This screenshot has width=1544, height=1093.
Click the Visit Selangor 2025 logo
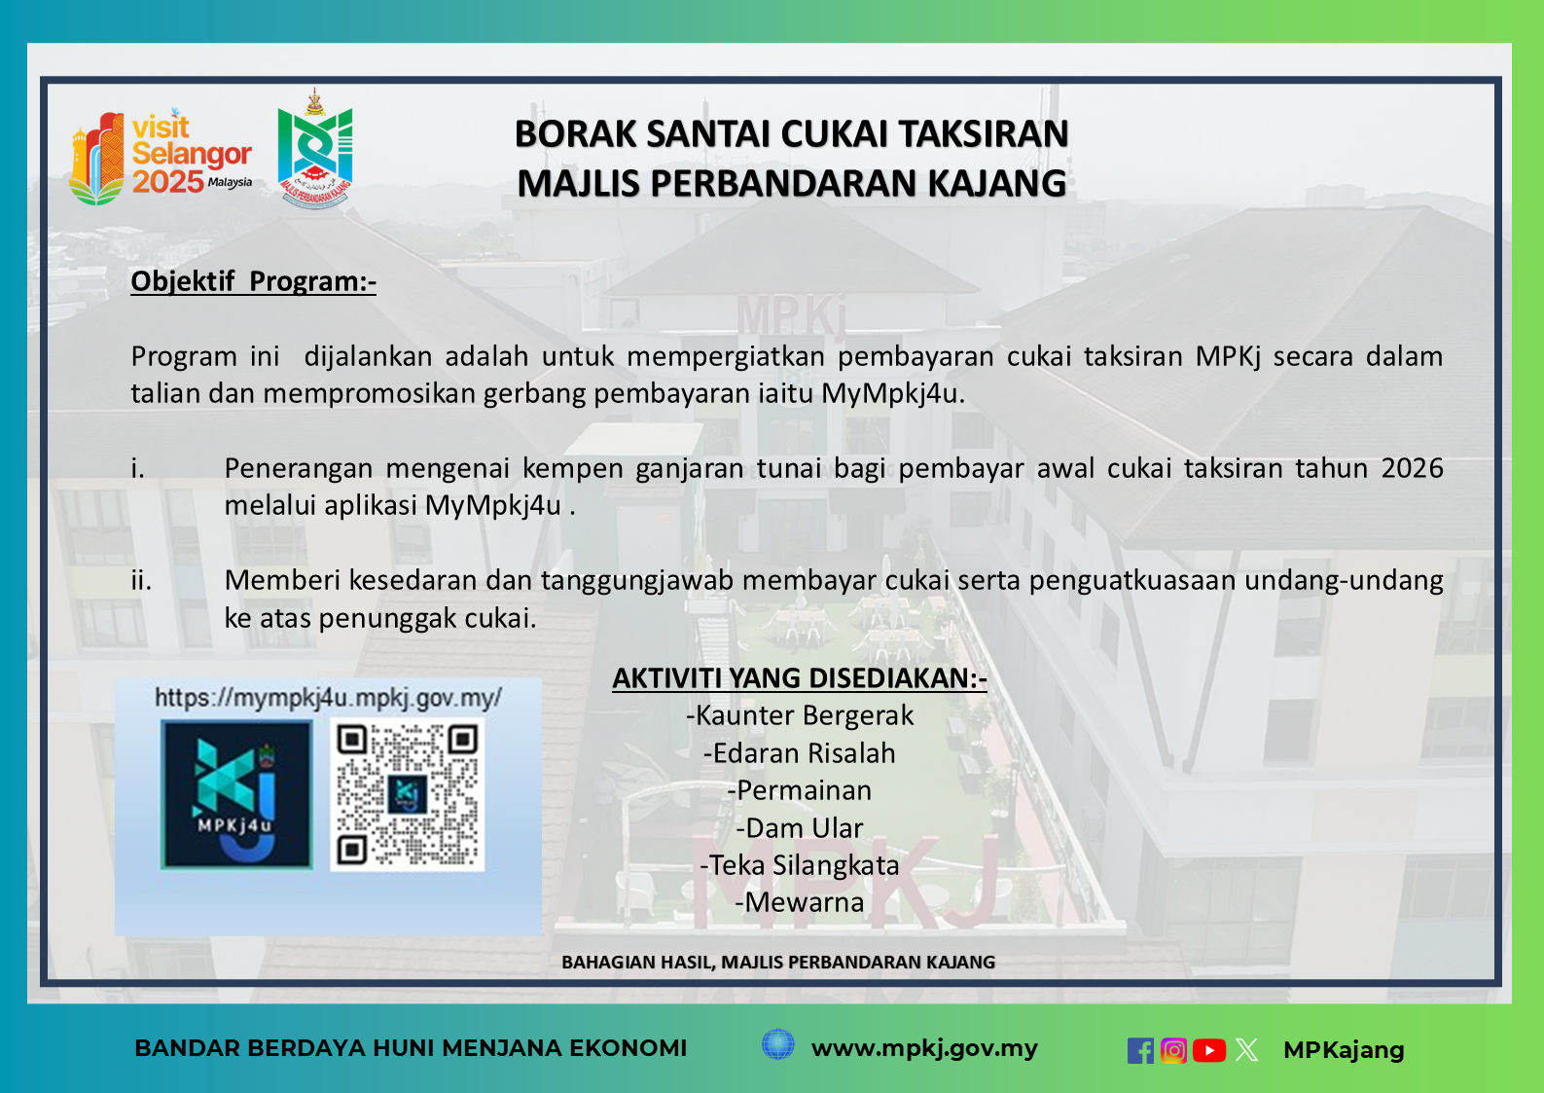(161, 157)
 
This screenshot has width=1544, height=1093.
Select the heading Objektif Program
(253, 281)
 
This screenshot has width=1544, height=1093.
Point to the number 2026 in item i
(1412, 468)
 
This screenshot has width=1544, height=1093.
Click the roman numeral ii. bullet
(141, 581)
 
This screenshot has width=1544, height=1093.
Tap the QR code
(407, 794)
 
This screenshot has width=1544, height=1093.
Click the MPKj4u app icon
(236, 794)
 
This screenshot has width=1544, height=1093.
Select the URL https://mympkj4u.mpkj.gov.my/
(328, 698)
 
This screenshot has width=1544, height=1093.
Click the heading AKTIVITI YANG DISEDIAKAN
(799, 678)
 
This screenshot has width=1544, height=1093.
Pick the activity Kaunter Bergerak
(799, 715)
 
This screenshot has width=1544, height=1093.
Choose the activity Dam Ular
(799, 828)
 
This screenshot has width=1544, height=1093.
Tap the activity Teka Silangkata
(799, 865)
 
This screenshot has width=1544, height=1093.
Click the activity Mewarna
(799, 902)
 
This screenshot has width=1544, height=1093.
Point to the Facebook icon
(1140, 1050)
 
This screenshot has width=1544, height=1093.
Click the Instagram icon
(1174, 1050)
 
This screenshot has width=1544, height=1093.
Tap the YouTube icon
(1209, 1050)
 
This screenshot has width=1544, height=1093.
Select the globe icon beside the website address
(777, 1044)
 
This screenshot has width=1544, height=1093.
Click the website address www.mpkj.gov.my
(924, 1048)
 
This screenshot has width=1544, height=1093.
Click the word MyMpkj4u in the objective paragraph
(891, 394)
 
